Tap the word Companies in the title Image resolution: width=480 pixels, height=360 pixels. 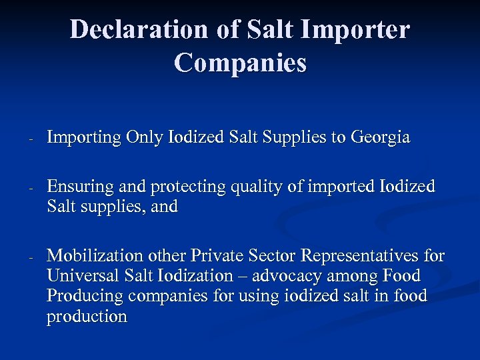point(240,63)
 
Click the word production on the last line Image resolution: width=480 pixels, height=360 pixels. point(87,317)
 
